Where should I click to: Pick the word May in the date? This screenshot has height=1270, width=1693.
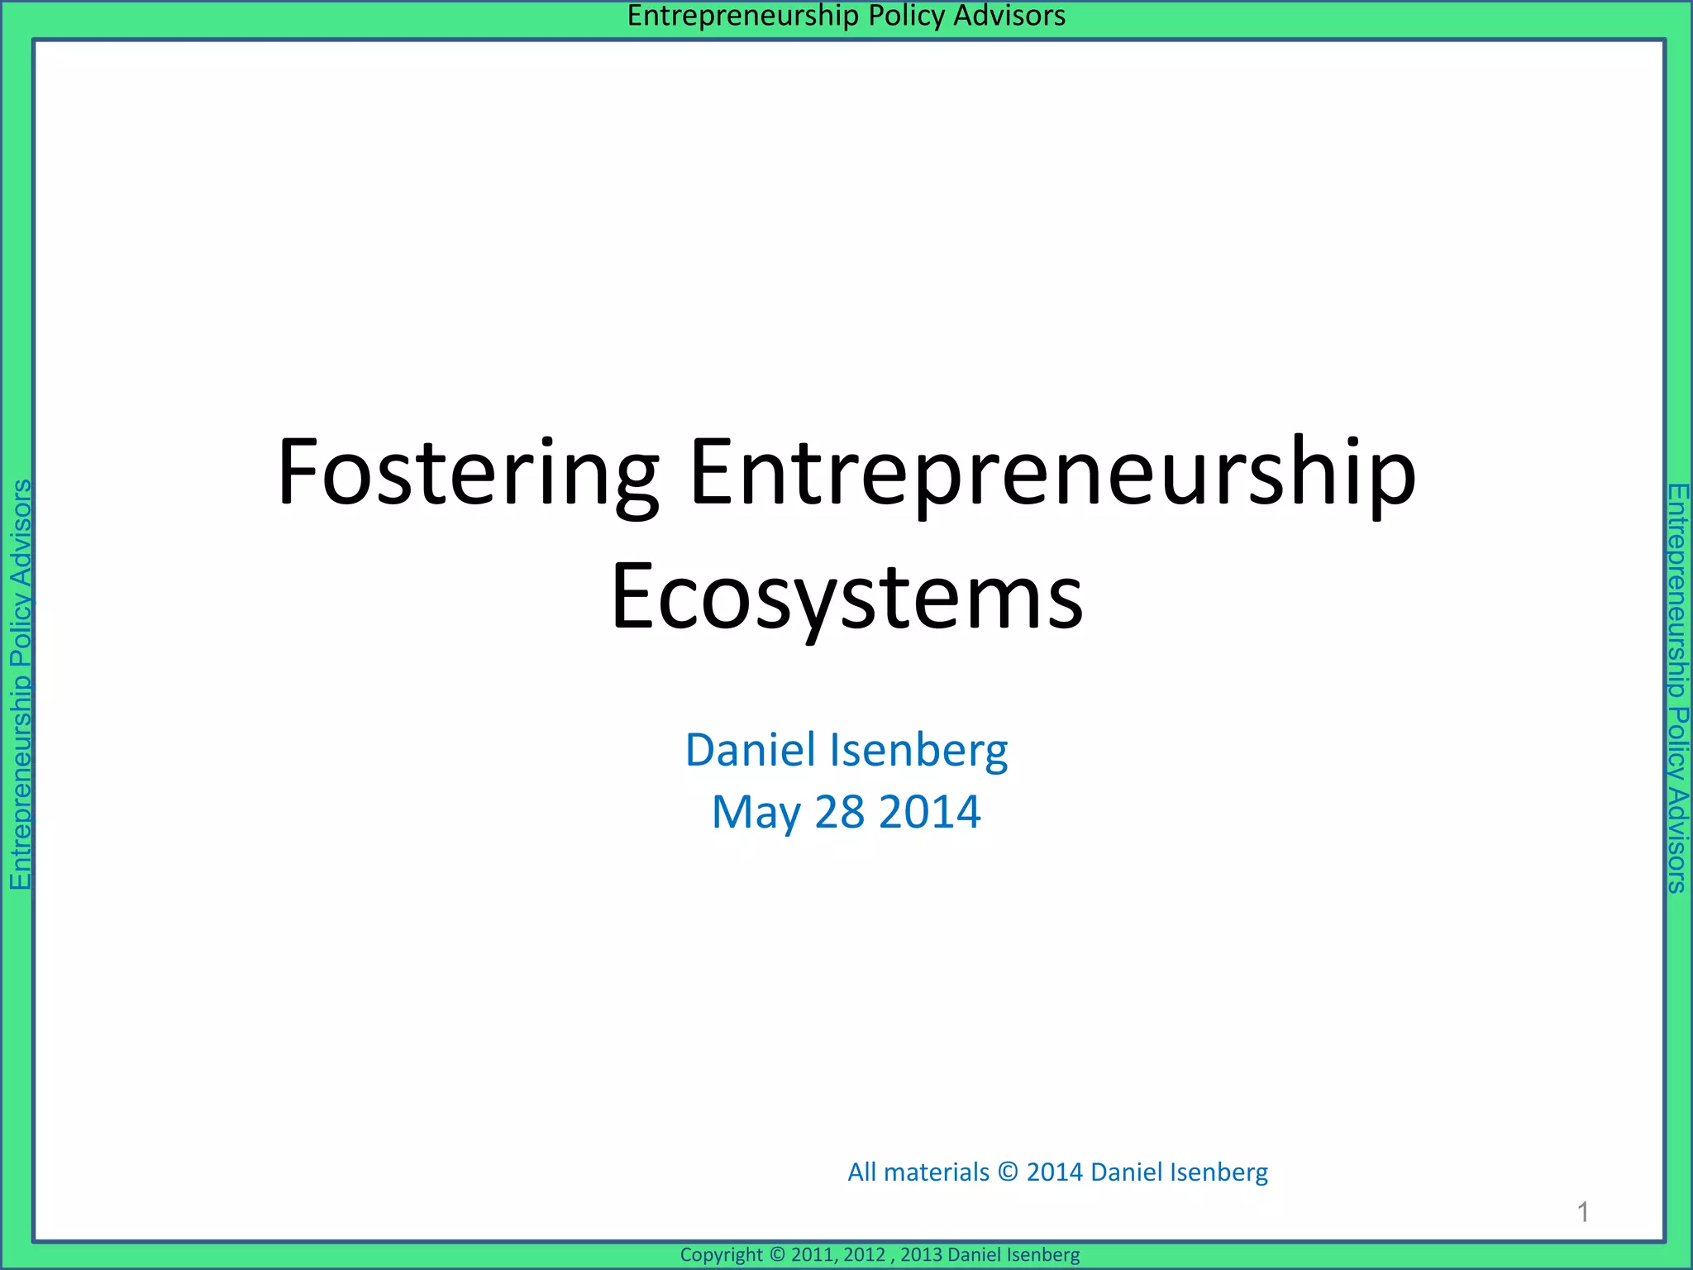tap(756, 813)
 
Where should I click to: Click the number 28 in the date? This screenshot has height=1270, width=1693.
tap(839, 813)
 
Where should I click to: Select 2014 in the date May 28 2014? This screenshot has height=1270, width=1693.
tap(930, 813)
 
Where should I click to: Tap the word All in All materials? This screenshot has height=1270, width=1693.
tap(861, 1172)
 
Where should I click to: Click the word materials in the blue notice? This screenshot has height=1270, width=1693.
tap(936, 1172)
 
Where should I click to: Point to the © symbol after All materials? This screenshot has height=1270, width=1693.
tap(1008, 1172)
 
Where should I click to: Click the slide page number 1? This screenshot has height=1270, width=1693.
tap(1583, 1212)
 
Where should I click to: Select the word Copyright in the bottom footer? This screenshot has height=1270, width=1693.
tap(721, 1255)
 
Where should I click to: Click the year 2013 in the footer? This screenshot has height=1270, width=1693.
tap(921, 1255)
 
